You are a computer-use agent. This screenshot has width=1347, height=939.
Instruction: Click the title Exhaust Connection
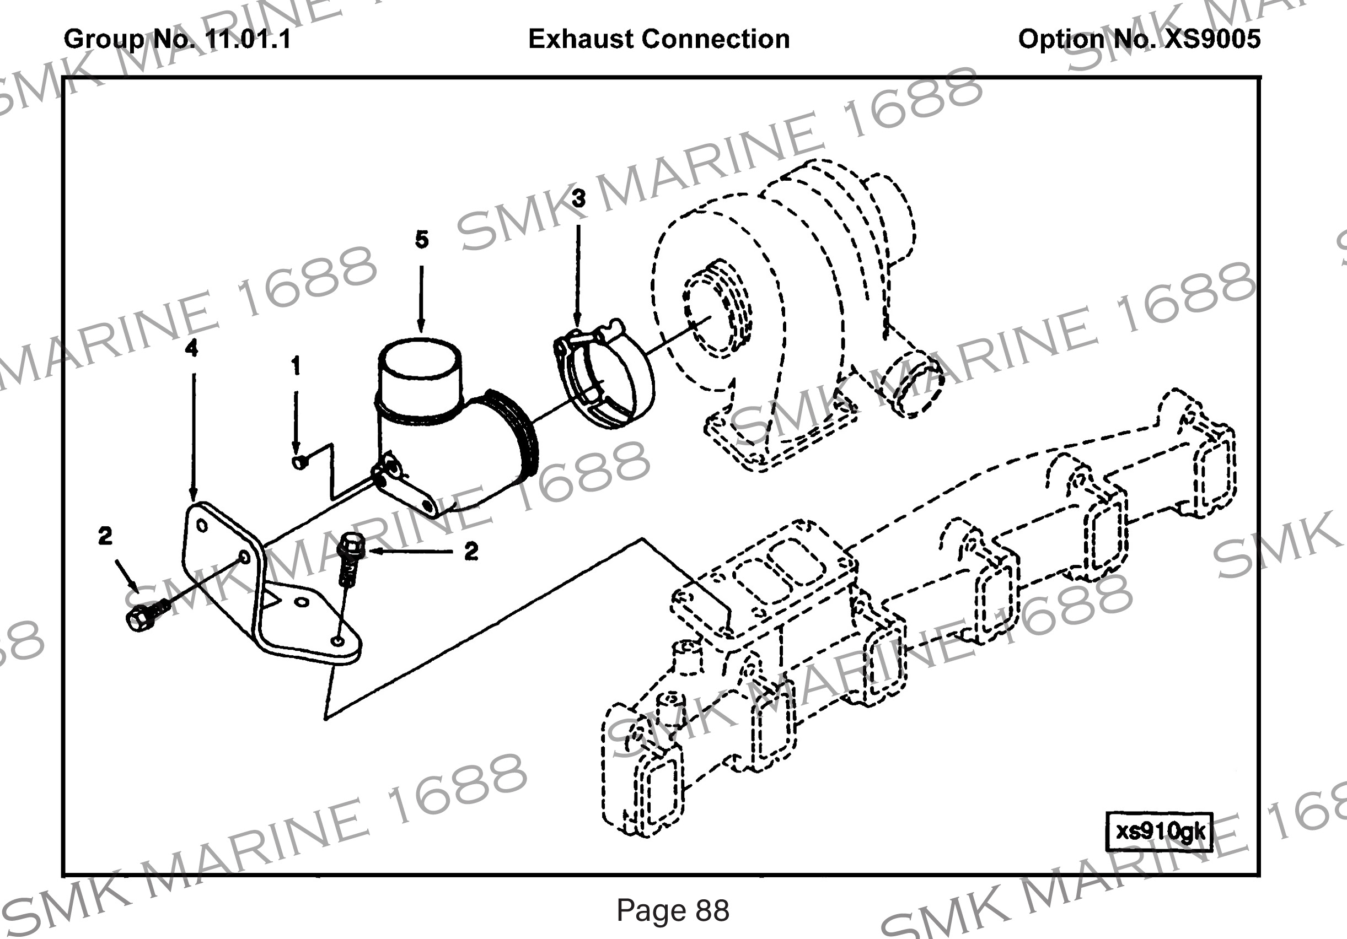point(658,39)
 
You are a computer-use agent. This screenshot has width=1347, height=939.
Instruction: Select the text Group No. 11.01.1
point(176,39)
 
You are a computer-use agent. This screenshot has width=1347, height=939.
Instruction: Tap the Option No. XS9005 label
point(1139,39)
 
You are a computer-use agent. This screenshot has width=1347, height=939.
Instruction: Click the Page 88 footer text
point(672,910)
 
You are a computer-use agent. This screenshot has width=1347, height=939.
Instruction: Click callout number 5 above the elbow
point(421,239)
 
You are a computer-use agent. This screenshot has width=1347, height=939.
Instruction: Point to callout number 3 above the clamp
point(578,199)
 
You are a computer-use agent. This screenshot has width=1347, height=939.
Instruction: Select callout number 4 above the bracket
point(191,348)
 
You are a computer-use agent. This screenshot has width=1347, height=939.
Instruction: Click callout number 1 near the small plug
point(296,365)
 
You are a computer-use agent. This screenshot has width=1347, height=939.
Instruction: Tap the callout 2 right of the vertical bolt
point(470,551)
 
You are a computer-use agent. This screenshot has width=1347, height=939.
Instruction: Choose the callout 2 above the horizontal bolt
point(105,536)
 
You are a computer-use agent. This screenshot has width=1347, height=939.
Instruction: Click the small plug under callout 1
point(299,462)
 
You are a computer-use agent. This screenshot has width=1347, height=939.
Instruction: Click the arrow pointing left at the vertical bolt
point(411,551)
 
